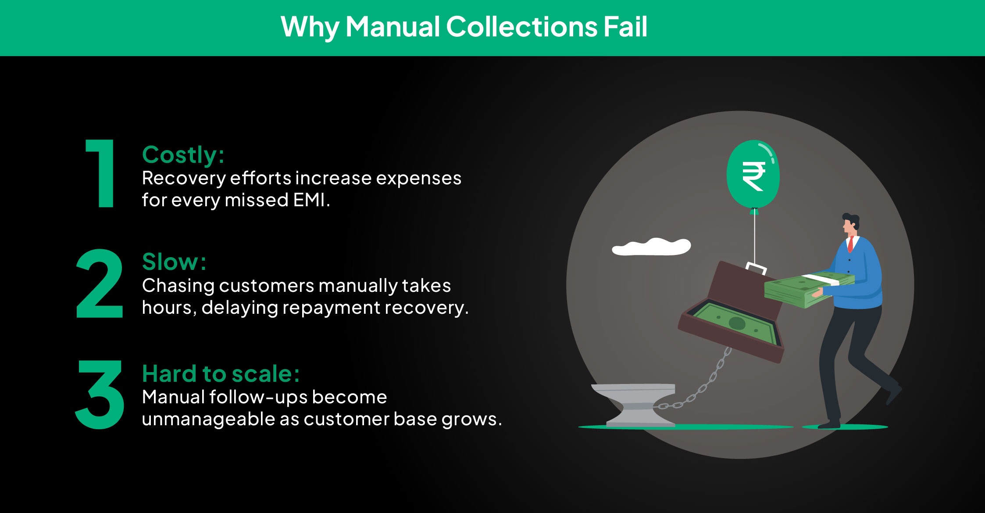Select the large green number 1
tap(100, 173)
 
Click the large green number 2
tap(100, 283)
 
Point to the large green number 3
tap(100, 394)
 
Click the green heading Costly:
tap(183, 155)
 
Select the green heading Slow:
tap(174, 262)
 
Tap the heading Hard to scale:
tap(221, 374)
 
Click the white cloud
tap(651, 247)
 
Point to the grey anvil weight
tap(634, 405)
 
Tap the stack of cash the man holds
tap(809, 288)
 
